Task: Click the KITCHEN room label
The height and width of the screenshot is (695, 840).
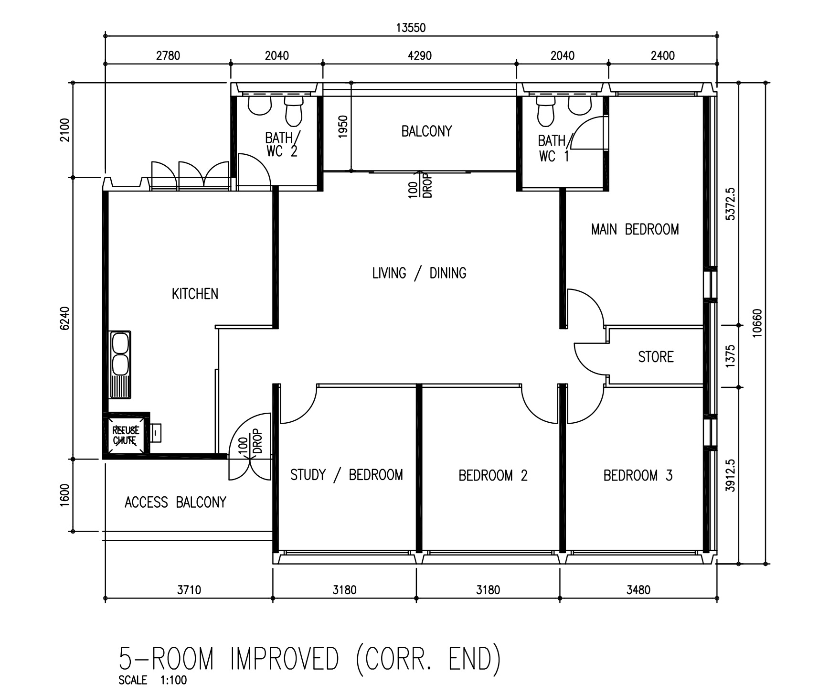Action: (x=195, y=293)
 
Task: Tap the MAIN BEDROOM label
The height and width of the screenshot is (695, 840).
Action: (x=635, y=230)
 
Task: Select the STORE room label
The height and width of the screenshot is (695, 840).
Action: (x=656, y=357)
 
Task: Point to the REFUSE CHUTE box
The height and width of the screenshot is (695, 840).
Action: (x=126, y=436)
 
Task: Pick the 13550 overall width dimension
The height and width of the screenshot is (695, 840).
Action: (x=411, y=28)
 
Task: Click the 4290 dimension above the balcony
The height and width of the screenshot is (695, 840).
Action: (x=420, y=56)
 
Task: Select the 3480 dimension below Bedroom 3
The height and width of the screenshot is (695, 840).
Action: (x=638, y=590)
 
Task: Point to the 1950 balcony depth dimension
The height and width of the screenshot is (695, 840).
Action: (x=343, y=127)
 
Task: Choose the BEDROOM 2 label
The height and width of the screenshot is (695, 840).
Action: (x=493, y=476)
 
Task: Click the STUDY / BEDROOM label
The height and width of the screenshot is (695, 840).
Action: (x=347, y=475)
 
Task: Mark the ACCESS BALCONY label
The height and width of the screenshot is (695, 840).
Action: (x=175, y=503)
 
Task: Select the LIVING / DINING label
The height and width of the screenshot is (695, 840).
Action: (x=419, y=273)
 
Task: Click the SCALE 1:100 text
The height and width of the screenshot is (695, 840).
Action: (x=152, y=680)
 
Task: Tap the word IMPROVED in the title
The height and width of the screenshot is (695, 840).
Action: (x=285, y=659)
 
